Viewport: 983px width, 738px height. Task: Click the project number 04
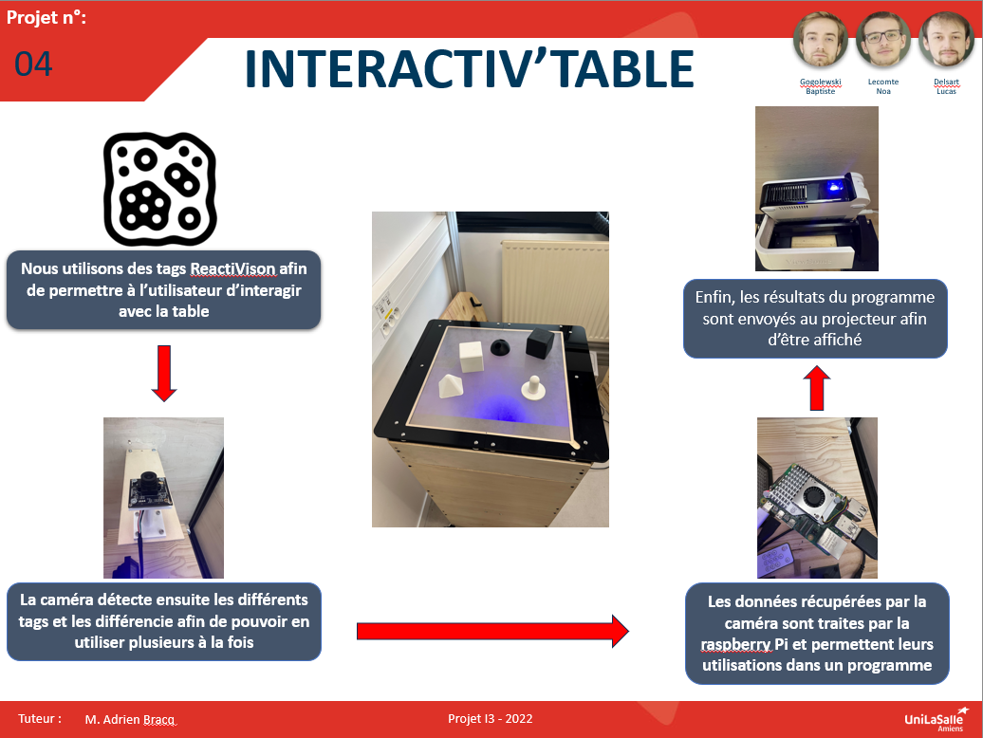(33, 64)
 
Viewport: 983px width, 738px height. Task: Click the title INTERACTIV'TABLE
(469, 69)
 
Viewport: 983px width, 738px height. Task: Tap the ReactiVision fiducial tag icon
(159, 189)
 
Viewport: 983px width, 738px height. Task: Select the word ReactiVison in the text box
(232, 268)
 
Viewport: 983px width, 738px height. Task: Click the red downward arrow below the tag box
(164, 374)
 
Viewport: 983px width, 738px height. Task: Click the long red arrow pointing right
(492, 631)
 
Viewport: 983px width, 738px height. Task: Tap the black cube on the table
(540, 342)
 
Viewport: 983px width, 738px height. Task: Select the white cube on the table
(471, 357)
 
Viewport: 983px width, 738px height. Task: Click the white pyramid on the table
(450, 386)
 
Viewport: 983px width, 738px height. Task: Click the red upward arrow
(816, 388)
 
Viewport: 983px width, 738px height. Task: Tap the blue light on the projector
(834, 186)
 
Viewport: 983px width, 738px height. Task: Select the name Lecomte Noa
(883, 86)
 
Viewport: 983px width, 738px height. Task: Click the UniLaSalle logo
(937, 719)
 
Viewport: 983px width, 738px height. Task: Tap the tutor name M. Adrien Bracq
(130, 719)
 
